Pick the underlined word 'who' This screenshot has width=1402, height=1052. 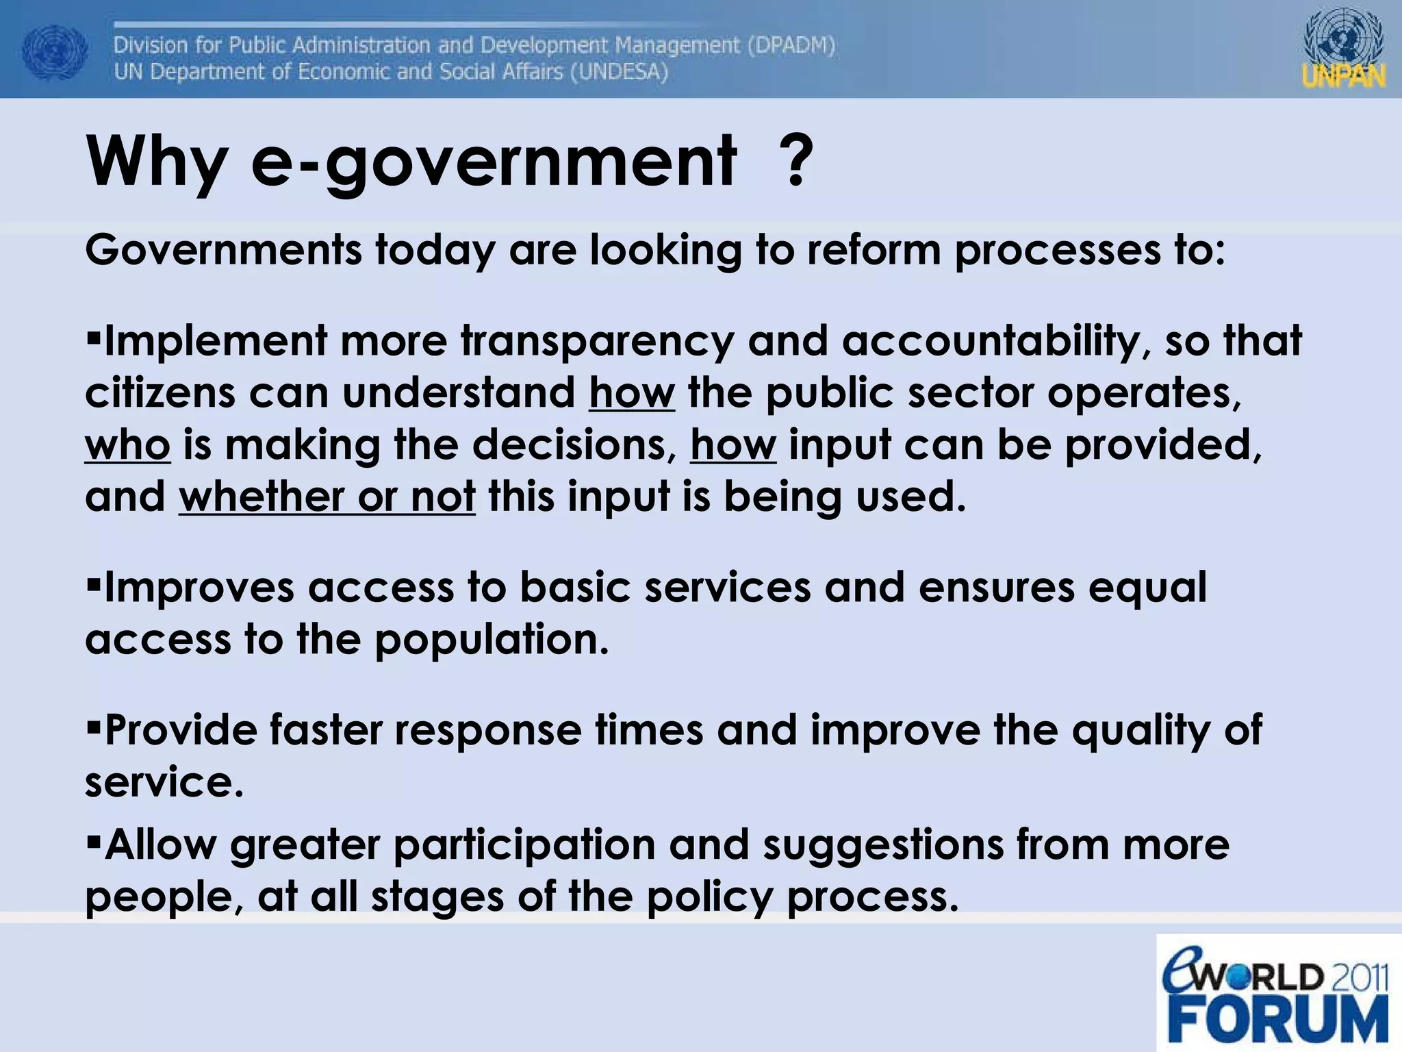127,445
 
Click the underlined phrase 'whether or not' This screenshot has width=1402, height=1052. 327,496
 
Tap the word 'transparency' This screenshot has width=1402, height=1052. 597,340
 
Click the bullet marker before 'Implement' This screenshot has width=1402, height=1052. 94,336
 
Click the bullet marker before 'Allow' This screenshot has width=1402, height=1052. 94,840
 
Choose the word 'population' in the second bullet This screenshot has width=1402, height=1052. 491,640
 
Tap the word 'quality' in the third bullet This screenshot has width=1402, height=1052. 1140,731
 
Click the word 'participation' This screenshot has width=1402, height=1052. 524,845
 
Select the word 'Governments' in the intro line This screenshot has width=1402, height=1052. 223,250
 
